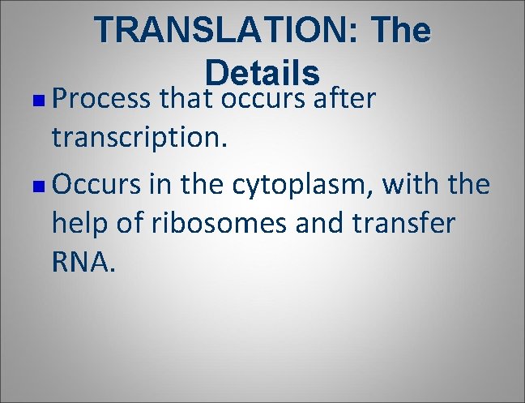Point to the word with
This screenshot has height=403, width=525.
pos(412,185)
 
